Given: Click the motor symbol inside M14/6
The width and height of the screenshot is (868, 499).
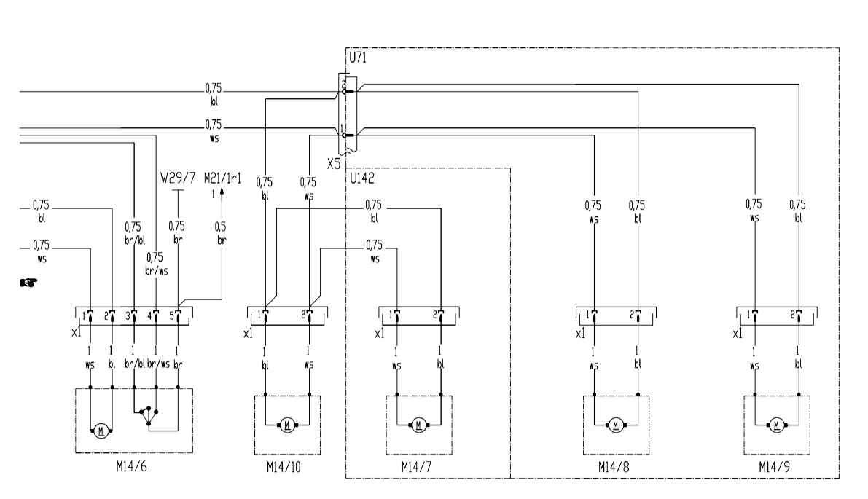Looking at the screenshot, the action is tap(101, 431).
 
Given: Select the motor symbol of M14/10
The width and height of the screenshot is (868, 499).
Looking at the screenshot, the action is tap(286, 425).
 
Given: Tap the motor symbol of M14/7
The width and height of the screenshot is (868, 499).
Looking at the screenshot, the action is tap(418, 425).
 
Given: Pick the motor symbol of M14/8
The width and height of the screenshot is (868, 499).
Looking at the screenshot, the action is tap(615, 425).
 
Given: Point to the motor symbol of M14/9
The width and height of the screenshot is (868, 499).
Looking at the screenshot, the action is tap(776, 425).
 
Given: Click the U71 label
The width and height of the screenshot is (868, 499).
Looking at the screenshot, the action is tap(358, 58).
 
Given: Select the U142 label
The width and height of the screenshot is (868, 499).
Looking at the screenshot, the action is tap(362, 178).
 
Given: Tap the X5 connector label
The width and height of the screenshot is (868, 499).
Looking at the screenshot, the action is tap(334, 164).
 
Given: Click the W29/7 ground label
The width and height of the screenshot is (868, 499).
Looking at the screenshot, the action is tap(178, 178).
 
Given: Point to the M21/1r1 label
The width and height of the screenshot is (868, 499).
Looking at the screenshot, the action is tap(222, 178).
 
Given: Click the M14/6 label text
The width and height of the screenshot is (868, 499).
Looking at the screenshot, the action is tap(132, 466).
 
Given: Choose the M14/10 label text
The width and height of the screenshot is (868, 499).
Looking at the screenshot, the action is tap(284, 468).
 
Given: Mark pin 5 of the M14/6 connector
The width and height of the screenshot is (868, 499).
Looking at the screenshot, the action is tap(178, 315).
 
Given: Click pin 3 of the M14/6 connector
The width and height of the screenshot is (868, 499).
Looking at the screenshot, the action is tap(133, 315).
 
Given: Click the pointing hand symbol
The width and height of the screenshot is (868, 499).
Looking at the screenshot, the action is tap(28, 283).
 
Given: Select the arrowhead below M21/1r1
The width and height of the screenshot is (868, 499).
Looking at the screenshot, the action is tap(222, 192).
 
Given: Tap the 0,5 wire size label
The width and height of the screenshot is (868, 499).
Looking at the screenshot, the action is tap(221, 227).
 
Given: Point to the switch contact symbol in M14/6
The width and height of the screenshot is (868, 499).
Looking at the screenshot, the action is tap(149, 414).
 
